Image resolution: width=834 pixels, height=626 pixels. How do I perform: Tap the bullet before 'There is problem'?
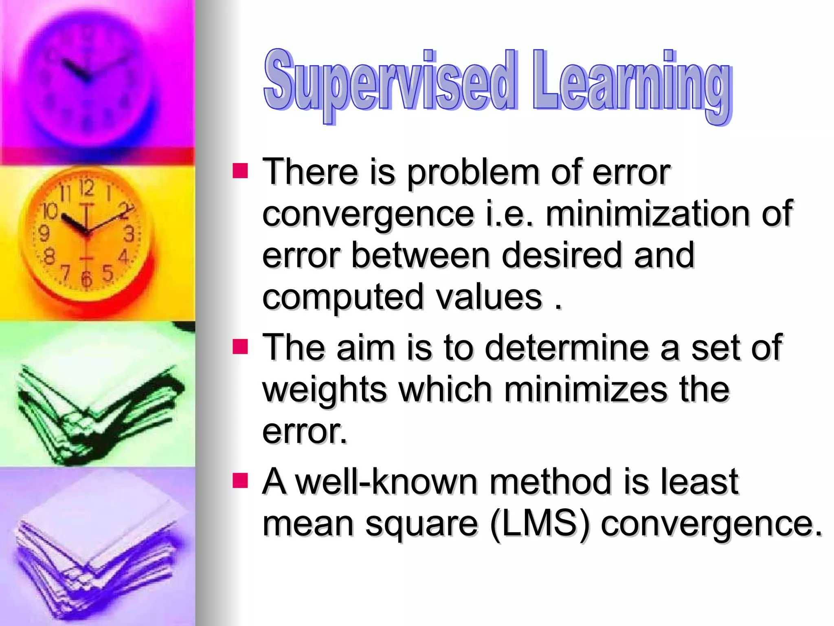(240, 171)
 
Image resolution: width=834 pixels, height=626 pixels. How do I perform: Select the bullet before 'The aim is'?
(240, 347)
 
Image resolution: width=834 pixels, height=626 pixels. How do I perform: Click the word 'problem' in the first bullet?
(473, 173)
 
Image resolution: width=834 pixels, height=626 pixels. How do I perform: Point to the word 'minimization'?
(647, 214)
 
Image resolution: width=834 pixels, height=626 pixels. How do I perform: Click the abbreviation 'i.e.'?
(509, 214)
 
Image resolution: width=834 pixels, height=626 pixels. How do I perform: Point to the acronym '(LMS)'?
(540, 524)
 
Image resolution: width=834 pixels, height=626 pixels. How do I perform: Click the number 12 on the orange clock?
(86, 188)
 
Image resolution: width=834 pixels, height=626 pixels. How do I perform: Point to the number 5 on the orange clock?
(108, 273)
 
